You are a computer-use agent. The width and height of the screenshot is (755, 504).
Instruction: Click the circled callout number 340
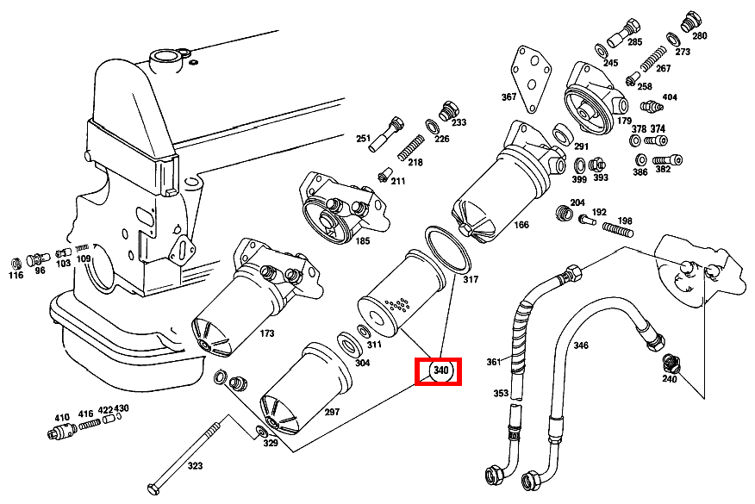point(441,370)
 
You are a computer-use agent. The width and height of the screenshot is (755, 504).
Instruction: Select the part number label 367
point(509,96)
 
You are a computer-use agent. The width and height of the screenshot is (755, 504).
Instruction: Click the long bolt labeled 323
point(185,457)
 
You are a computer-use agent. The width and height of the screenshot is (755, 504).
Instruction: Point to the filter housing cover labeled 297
point(306,388)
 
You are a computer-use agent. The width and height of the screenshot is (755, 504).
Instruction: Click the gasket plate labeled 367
point(531,78)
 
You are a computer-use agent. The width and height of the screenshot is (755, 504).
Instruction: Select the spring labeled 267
point(653,59)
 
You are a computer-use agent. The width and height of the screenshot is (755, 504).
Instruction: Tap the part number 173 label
point(266,333)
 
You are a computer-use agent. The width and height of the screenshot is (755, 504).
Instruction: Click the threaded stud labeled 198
point(618,230)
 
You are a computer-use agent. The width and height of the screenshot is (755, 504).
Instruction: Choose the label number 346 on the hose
point(581,345)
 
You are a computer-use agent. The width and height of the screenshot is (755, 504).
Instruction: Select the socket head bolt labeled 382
point(668,160)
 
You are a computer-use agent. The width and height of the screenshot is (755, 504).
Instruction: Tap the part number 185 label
point(363,240)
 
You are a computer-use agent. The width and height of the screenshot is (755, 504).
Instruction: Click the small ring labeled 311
point(363,332)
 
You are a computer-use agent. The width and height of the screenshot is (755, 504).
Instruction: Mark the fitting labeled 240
point(670,362)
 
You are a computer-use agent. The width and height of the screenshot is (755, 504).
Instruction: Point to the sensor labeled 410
point(62,430)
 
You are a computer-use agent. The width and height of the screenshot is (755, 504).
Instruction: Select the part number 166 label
point(521,224)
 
